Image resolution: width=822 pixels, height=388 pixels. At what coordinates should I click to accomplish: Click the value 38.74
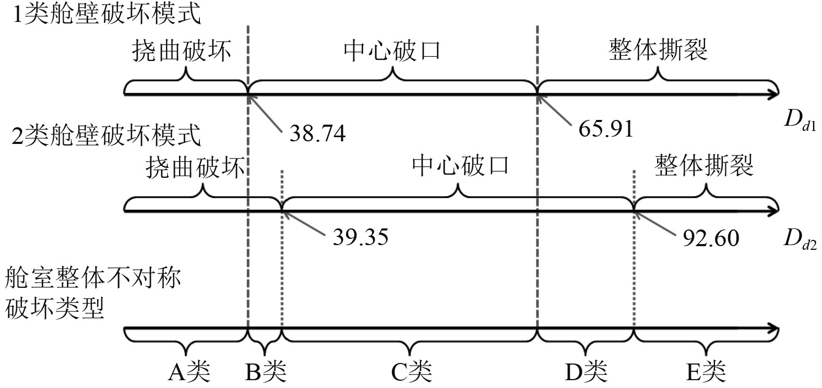317,134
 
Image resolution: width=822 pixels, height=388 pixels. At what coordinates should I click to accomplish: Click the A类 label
189,372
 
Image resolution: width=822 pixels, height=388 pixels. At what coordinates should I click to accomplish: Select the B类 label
266,372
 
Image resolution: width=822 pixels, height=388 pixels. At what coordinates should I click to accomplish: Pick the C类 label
412,372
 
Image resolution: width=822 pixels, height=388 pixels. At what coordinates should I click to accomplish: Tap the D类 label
587,372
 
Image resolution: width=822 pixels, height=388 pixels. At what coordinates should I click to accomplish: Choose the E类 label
707,372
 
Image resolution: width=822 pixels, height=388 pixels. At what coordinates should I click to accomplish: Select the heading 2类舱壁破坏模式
106,137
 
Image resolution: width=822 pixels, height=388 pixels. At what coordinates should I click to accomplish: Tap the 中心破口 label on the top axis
392,51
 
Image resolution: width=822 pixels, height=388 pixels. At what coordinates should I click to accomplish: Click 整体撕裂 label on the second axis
704,166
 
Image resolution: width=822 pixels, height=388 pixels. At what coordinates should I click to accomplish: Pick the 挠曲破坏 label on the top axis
181,51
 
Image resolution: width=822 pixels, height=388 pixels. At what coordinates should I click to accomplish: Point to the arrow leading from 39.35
303,222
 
